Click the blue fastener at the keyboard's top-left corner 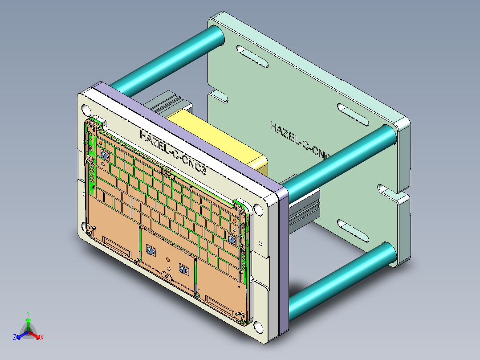click(105, 156)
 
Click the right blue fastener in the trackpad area click(182, 269)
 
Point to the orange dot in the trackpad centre click(168, 259)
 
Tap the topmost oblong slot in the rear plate click(252, 55)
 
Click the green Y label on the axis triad click(28, 313)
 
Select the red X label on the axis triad click(42, 338)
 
